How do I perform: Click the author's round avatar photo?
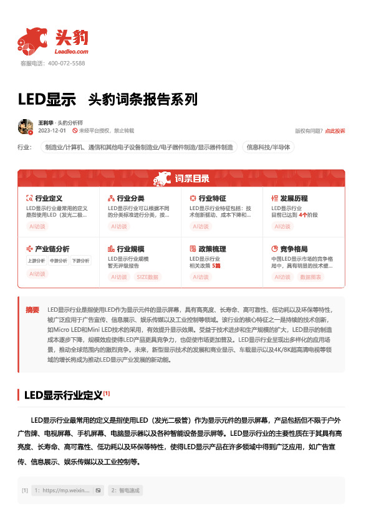[x=26, y=127]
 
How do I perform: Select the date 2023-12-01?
[x=52, y=131]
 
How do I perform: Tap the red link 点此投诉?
[x=335, y=131]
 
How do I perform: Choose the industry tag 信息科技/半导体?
[x=268, y=148]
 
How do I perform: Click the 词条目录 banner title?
[x=191, y=180]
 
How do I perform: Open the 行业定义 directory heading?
[x=48, y=198]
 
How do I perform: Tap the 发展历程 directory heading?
[x=293, y=198]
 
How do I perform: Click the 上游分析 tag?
[x=37, y=261]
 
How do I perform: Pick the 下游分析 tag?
[x=80, y=261]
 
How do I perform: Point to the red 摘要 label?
[x=32, y=310]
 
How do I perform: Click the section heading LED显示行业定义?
[x=62, y=395]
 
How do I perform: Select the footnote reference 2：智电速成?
[x=125, y=491]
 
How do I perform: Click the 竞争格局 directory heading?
[x=293, y=248]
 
